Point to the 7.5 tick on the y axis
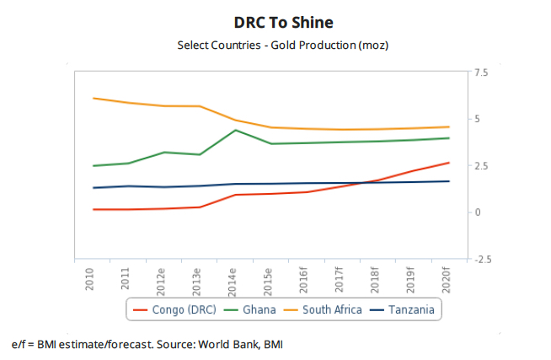482,73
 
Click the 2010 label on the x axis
90,278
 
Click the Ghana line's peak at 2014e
235,130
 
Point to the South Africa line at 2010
93,98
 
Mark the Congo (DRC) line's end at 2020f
449,163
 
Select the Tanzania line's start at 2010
93,188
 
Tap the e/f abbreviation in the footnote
18,345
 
